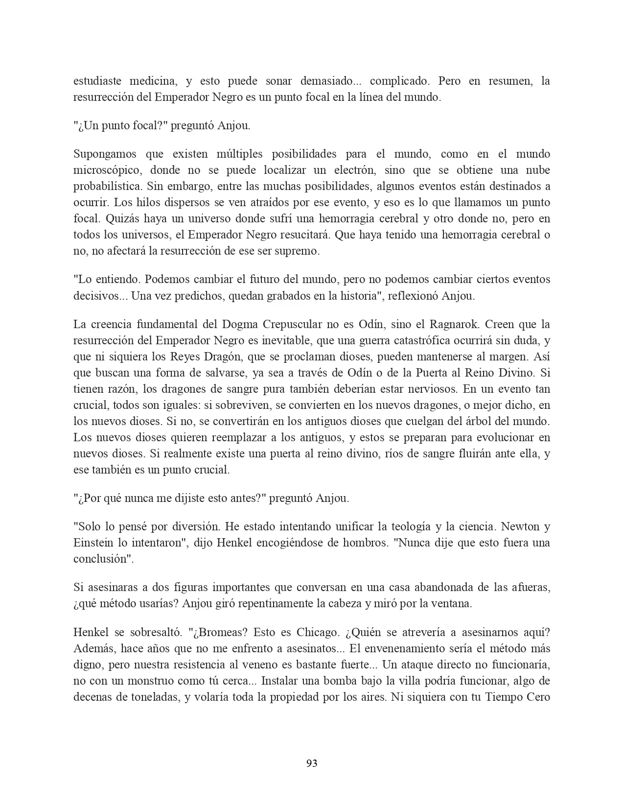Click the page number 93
[x=312, y=763]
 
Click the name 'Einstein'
[x=93, y=543]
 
